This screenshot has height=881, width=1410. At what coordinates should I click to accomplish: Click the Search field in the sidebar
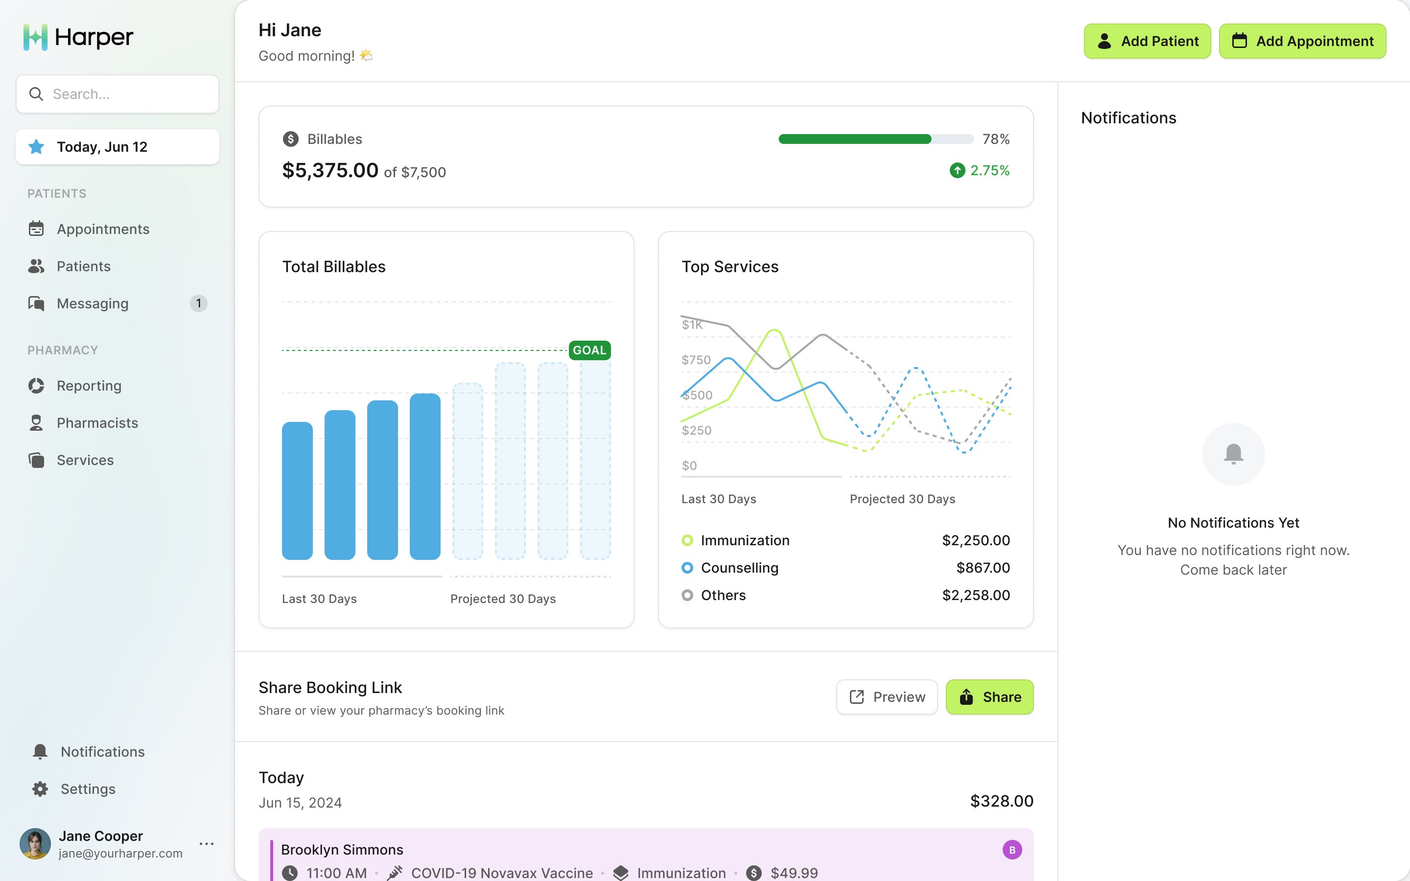tap(117, 94)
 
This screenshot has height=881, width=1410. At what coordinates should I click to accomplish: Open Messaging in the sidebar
tap(93, 303)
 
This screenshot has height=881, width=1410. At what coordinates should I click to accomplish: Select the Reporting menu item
tap(89, 386)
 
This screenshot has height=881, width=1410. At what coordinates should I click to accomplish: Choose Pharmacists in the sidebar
tap(97, 423)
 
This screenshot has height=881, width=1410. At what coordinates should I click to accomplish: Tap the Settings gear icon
tap(40, 789)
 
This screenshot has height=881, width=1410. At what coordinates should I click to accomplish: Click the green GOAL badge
tap(589, 350)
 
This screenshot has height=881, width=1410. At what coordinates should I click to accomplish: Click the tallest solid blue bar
tap(425, 476)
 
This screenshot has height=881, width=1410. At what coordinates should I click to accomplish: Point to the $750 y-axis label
tap(696, 360)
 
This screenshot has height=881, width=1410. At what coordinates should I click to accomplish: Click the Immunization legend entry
tap(744, 541)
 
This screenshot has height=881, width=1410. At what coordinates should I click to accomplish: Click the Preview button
tap(886, 697)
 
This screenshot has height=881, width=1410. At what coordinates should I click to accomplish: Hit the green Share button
tap(989, 697)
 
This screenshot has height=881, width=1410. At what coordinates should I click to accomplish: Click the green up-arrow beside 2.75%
tap(957, 171)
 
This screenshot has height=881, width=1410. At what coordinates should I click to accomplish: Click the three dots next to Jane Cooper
tap(206, 844)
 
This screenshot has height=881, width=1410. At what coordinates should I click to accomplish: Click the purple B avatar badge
tap(1012, 850)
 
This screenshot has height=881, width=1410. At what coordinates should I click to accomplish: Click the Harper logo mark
tap(35, 37)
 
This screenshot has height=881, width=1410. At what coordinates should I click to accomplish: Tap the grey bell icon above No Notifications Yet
tap(1233, 453)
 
